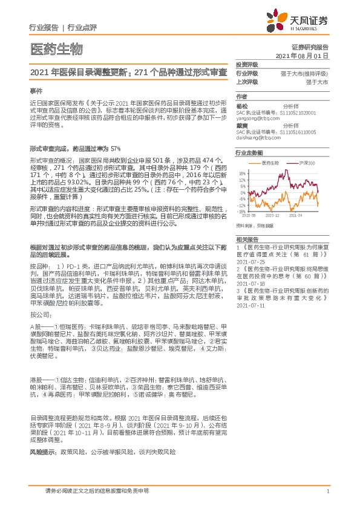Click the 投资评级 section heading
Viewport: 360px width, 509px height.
[247, 64]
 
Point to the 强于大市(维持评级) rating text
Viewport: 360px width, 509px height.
[306, 73]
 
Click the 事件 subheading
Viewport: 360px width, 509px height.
[35, 89]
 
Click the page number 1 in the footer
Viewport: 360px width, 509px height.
[327, 491]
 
